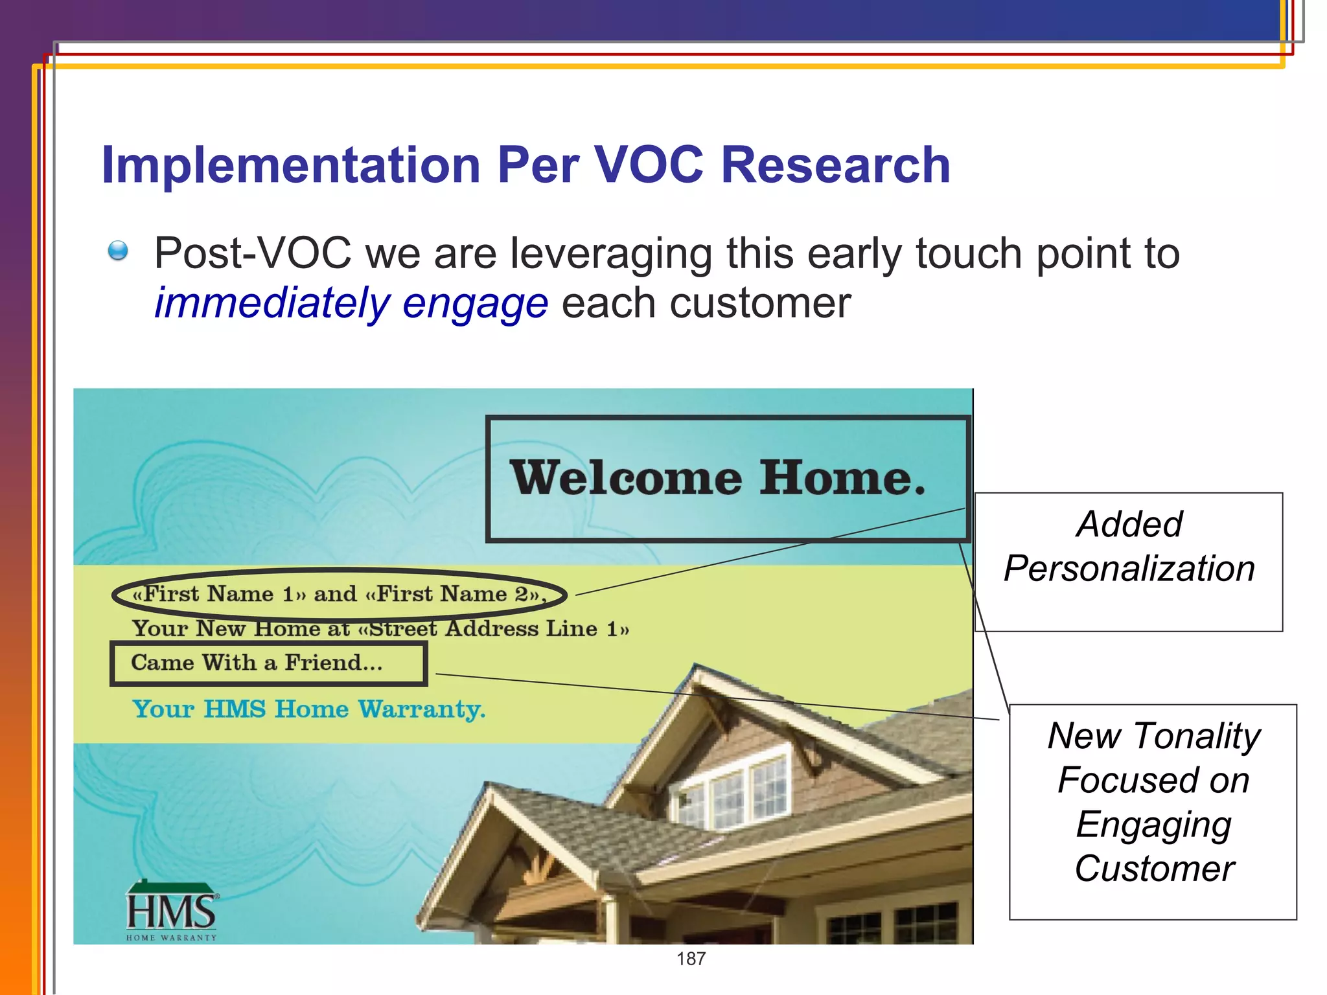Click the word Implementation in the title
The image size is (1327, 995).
(x=290, y=165)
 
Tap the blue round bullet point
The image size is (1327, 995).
(x=118, y=250)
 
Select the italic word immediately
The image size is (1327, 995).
(x=271, y=303)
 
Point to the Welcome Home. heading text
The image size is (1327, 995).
(x=717, y=478)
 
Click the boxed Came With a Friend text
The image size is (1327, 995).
(x=257, y=663)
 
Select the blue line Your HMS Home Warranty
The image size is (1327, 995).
(x=308, y=709)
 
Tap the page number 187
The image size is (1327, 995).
(x=691, y=959)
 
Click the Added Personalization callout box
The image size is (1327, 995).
(x=1129, y=561)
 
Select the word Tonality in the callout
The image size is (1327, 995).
(x=1197, y=737)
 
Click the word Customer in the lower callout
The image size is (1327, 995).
(x=1154, y=869)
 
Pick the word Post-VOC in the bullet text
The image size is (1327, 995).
(x=253, y=253)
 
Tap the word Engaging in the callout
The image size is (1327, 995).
(x=1153, y=825)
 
